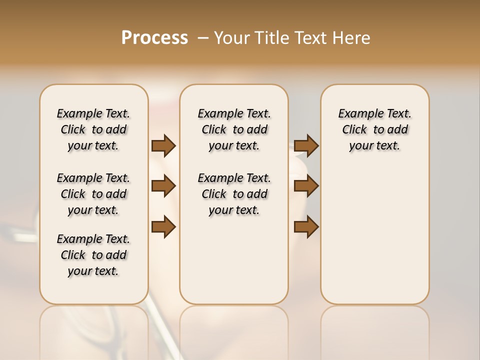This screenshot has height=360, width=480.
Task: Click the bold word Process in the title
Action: (154, 38)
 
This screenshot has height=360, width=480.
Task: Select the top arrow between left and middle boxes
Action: (163, 146)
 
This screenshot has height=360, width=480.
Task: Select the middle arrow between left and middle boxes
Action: (163, 186)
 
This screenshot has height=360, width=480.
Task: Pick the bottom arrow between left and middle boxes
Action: (163, 227)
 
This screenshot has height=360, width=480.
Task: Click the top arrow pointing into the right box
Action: (306, 146)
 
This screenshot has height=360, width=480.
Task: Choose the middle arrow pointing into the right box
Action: (306, 186)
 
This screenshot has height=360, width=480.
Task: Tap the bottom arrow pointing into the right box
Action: (306, 227)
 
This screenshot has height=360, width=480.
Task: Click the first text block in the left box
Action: (93, 129)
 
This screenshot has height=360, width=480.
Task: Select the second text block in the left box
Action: (93, 194)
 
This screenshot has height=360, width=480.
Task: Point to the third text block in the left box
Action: (93, 255)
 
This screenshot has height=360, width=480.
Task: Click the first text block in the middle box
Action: (234, 129)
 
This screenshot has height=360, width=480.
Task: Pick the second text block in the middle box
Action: (234, 194)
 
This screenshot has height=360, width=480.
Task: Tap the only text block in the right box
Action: (374, 129)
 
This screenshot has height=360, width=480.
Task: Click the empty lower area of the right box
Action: (374, 235)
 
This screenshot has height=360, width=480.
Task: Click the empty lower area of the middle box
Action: (234, 260)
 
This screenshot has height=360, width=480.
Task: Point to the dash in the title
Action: (203, 38)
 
